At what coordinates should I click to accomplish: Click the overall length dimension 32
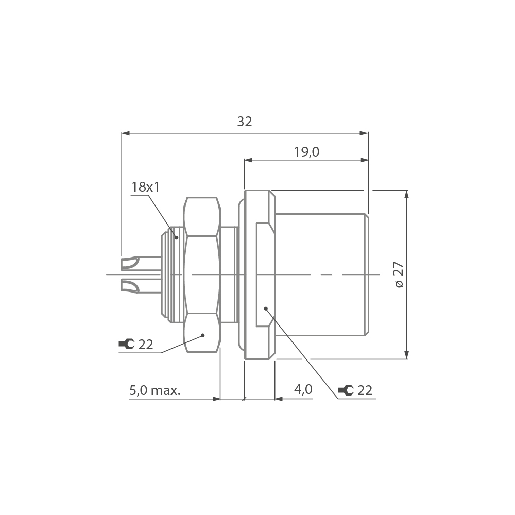[x=245, y=122]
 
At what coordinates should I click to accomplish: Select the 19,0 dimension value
[x=307, y=152]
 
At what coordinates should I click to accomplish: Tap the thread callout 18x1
[x=146, y=187]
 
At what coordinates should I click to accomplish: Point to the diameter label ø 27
[x=399, y=274]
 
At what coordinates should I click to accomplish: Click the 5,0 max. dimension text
[x=154, y=390]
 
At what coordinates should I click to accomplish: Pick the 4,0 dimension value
[x=303, y=390]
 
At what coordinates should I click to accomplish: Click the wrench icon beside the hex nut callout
[x=127, y=345]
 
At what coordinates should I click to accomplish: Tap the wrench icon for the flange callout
[x=346, y=390]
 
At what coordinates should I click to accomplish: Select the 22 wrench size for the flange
[x=365, y=390]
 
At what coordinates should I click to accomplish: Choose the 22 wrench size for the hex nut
[x=146, y=345]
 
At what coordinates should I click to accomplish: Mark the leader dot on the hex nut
[x=203, y=335]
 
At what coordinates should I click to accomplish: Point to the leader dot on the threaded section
[x=176, y=237]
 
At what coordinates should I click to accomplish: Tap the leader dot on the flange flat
[x=266, y=308]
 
